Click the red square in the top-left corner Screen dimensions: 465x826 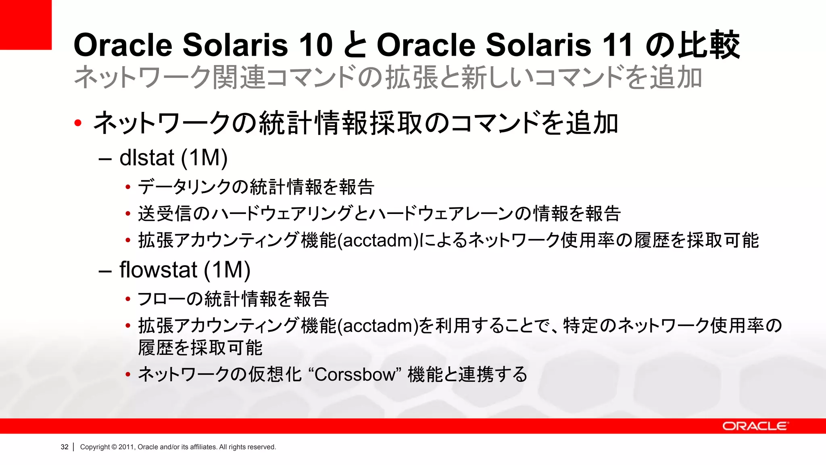[25, 24]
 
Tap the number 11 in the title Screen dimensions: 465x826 [616, 45]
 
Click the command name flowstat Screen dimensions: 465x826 [158, 270]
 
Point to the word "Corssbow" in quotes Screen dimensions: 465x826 [355, 375]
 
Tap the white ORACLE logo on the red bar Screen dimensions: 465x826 [755, 426]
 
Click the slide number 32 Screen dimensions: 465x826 [65, 447]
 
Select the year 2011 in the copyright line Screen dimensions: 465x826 [126, 447]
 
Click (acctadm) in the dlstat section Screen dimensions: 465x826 [378, 241]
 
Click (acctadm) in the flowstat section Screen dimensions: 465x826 [378, 326]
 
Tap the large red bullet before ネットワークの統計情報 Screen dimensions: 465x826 [78, 123]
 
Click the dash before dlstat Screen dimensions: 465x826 [105, 159]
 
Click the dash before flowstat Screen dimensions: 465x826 [105, 271]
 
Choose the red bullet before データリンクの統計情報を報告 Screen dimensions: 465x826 [128, 187]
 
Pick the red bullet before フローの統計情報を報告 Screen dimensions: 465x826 [128, 300]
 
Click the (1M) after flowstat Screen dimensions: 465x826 [227, 270]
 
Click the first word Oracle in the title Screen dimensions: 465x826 [123, 45]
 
